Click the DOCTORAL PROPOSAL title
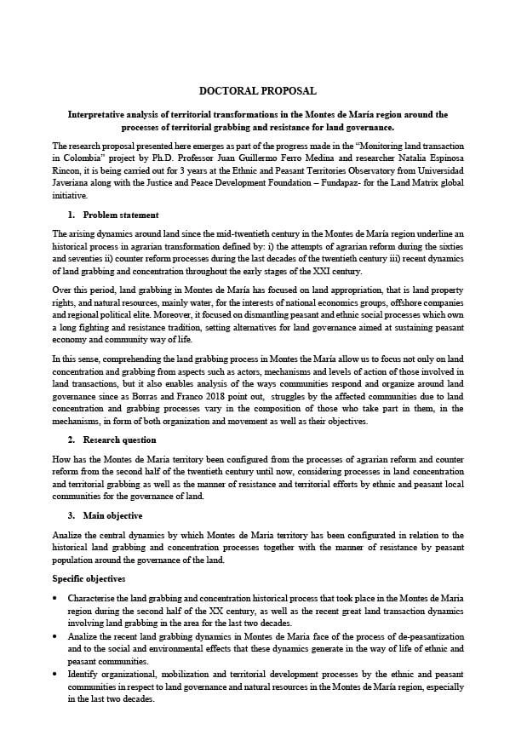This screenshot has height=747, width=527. pos(257,90)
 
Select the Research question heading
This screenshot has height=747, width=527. pos(119,440)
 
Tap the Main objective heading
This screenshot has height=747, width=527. pos(112,515)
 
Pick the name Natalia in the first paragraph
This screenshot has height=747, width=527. pos(408,158)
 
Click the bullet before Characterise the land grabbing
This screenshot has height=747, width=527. pos(55,599)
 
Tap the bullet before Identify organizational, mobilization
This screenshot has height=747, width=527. pos(55,674)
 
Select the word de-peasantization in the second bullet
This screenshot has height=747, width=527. pos(391,636)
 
